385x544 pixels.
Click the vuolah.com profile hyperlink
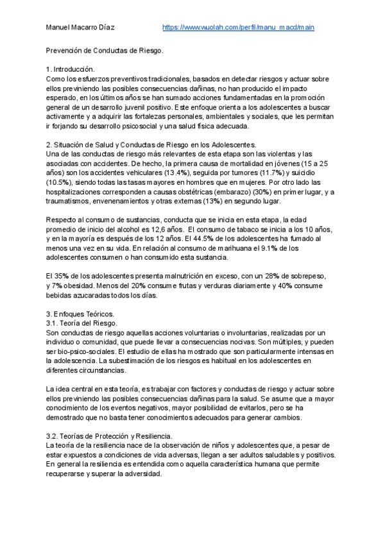tap(238, 28)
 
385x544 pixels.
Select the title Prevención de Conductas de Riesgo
tap(105, 49)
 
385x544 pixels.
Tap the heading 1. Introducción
tap(71, 69)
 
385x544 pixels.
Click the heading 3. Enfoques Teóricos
tap(80, 313)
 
